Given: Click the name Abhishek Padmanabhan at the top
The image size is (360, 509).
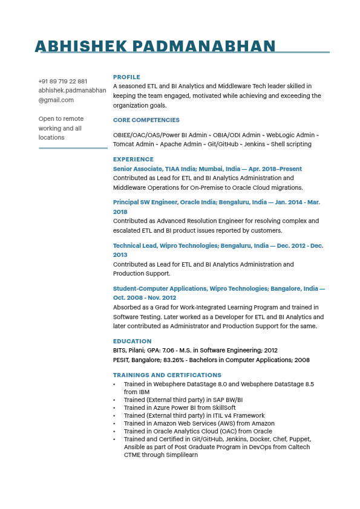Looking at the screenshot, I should pos(155,46).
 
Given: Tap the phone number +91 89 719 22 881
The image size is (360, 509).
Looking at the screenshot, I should pos(62,81).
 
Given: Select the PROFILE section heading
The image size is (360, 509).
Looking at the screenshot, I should pos(126,77).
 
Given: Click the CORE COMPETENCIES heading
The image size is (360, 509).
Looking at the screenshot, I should pos(146,120).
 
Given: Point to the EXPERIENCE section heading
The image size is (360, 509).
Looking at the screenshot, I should pos(133,160).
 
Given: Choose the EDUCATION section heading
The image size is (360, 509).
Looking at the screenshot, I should pos(132,342).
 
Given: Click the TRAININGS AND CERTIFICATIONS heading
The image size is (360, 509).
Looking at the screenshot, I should pos(167,375).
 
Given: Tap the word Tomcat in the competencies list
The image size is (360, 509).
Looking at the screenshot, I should pos(123,144).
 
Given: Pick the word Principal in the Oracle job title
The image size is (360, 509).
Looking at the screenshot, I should pos(126,203).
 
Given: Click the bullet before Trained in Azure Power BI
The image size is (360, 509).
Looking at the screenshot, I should pos(114,408).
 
